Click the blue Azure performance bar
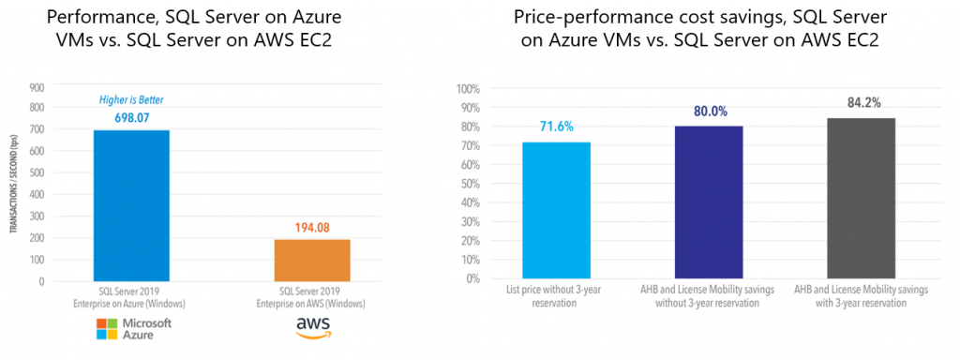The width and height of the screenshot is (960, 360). pyautogui.click(x=131, y=205)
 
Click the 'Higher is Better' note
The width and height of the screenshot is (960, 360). pyautogui.click(x=131, y=101)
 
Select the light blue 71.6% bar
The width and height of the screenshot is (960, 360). pyautogui.click(x=557, y=210)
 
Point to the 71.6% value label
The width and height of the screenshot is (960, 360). pyautogui.click(x=557, y=127)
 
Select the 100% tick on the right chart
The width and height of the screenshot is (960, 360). pyautogui.click(x=469, y=89)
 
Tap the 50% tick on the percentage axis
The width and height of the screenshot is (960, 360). pyautogui.click(x=471, y=184)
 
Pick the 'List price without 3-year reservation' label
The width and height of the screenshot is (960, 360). pyautogui.click(x=557, y=295)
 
